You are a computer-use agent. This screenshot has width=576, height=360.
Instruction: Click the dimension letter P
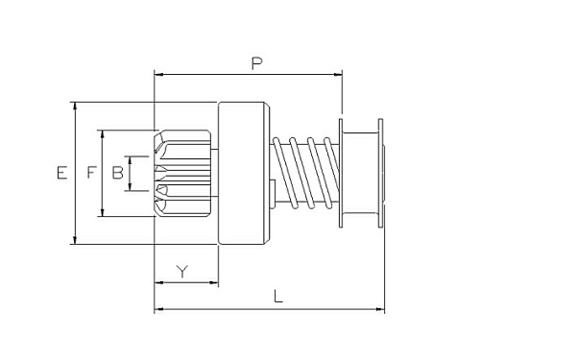pos(256,63)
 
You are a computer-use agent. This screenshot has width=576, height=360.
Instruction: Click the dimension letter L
pos(278,296)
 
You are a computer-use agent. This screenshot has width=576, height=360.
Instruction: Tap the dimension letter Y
pos(181,271)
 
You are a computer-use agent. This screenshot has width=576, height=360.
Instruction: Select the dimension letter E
pos(62,172)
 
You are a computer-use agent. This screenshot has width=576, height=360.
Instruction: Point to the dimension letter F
pos(92,172)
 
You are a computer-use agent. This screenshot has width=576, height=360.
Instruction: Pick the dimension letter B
pos(117,172)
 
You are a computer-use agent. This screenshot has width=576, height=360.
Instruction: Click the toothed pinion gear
pos(182,173)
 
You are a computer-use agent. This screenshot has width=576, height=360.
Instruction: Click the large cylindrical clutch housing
pos(244,173)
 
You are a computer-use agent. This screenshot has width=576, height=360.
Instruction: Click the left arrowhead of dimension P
pos(158,75)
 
